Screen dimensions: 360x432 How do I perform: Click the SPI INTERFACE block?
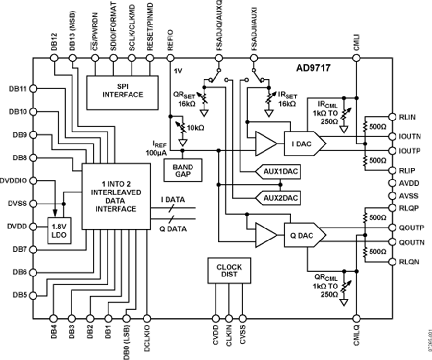tap(122, 91)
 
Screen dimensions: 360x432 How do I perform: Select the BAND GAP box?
tap(182, 170)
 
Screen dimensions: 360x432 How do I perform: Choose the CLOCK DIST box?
tap(229, 270)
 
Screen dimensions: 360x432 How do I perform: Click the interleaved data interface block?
tap(115, 197)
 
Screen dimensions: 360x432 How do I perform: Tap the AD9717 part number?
tap(312, 68)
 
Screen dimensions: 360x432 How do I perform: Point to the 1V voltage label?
tap(178, 71)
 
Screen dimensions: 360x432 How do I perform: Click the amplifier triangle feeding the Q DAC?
tap(265, 235)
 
